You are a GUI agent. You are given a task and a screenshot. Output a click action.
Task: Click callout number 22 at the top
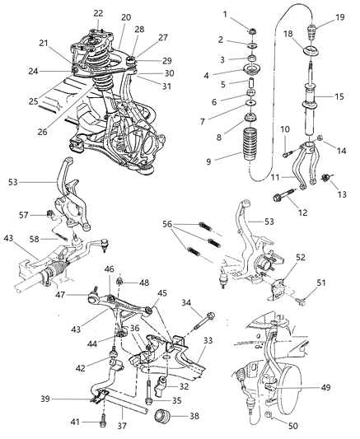[99, 13]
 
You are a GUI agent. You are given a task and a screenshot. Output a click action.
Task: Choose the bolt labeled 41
[103, 418]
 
